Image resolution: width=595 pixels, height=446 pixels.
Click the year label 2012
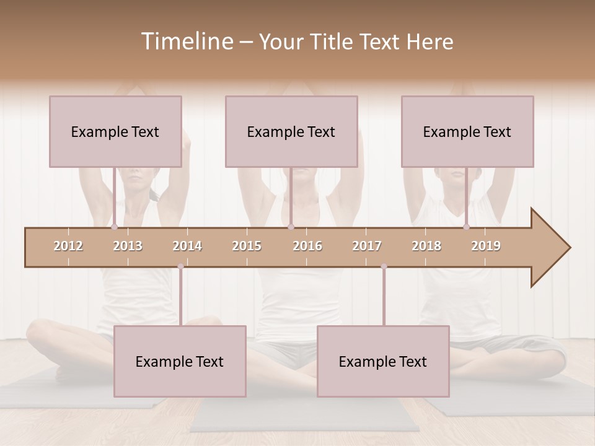[68, 246]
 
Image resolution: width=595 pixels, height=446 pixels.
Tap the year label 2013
[128, 246]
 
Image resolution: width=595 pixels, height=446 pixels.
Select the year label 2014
[187, 246]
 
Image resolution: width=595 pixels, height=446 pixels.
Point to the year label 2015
[247, 246]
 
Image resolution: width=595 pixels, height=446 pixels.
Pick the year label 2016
[307, 246]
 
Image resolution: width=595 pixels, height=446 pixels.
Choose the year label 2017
[367, 246]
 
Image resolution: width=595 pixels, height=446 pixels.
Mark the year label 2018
[426, 246]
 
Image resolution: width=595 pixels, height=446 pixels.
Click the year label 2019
[486, 246]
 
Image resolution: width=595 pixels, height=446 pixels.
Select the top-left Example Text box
[115, 131]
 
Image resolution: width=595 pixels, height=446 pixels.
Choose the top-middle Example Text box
[291, 131]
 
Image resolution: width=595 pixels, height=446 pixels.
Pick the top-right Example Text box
[467, 131]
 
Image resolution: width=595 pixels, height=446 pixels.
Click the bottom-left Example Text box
[180, 361]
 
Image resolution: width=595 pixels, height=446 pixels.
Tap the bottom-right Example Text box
[383, 361]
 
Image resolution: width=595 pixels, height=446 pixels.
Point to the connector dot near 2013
[114, 227]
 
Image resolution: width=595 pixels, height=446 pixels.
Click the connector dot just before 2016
[291, 227]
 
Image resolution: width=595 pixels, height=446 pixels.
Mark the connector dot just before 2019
[466, 227]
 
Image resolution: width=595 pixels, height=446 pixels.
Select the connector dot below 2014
[180, 266]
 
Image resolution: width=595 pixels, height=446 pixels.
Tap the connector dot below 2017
[384, 266]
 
